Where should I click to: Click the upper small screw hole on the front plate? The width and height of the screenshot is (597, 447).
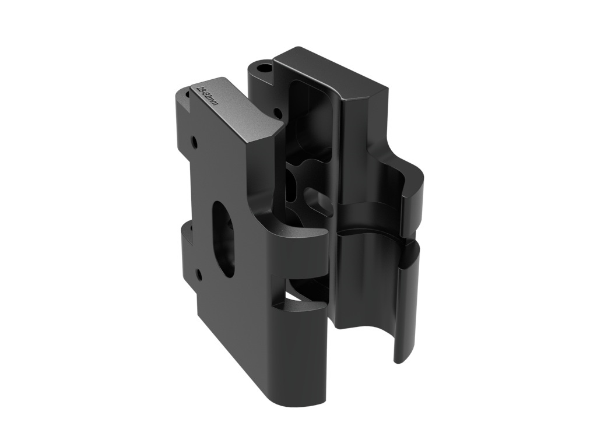tap(193, 140)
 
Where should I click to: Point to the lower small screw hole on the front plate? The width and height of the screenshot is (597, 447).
tap(199, 272)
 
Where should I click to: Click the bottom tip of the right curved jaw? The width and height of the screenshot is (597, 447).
tap(400, 357)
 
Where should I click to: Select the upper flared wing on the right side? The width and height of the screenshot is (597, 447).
tap(408, 192)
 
